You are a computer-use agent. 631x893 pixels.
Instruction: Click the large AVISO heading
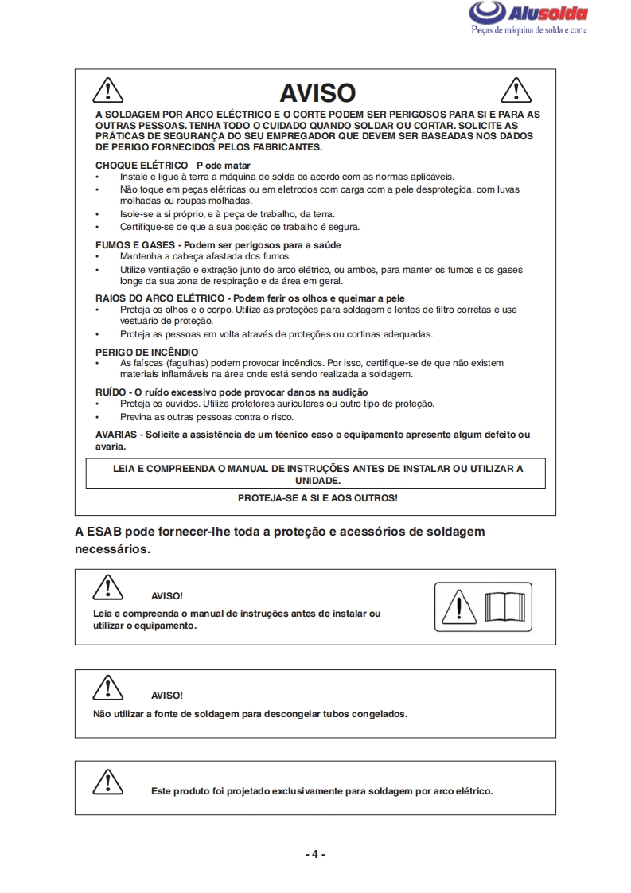317,92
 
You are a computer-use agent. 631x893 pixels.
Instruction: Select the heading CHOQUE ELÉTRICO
130,165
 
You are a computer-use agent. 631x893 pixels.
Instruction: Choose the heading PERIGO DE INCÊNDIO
147,352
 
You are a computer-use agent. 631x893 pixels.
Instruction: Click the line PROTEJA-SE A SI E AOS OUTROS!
317,498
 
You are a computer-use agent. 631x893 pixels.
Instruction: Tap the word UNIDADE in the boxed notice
317,481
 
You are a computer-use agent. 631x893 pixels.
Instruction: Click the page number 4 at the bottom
315,854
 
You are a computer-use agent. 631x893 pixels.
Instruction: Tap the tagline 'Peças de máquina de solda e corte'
528,29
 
